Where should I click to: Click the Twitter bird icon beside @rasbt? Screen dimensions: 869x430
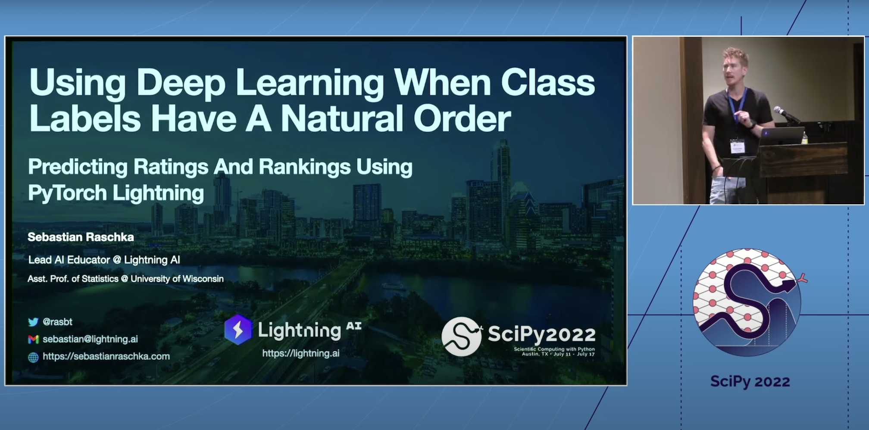[33, 322]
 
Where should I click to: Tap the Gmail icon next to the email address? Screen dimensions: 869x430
[33, 340]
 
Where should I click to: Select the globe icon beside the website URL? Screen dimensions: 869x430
[33, 357]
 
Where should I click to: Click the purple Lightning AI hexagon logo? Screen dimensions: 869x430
[238, 330]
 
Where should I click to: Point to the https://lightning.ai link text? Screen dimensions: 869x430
[301, 353]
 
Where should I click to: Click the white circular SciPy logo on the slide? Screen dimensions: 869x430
[462, 337]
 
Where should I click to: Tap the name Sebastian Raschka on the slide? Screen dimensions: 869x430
[81, 237]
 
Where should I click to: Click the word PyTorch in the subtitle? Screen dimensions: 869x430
[67, 193]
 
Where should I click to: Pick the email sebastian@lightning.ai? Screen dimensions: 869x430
[90, 339]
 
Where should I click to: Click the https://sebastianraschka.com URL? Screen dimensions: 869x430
[106, 356]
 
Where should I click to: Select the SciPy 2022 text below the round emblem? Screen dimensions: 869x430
[750, 381]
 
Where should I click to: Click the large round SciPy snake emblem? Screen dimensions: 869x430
[748, 302]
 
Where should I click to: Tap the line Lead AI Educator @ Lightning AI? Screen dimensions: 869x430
[104, 260]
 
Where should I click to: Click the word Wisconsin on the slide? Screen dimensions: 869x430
[203, 279]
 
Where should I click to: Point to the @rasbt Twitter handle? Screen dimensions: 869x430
[57, 322]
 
